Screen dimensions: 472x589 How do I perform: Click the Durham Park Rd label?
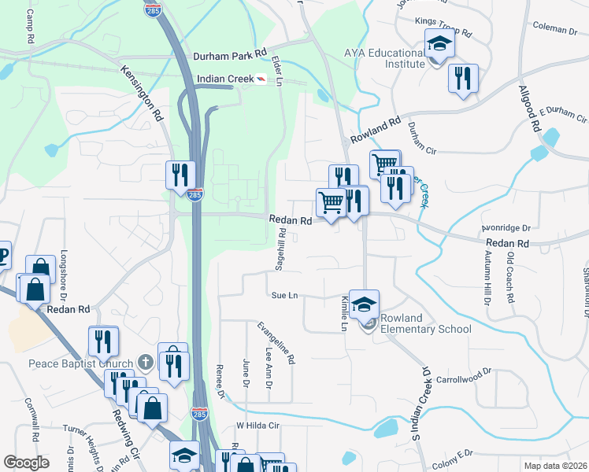[x=231, y=57]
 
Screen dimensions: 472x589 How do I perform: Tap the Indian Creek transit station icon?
[x=261, y=79]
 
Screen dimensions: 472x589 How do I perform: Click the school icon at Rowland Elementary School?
[x=365, y=304]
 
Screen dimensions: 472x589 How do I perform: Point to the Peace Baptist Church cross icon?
[x=145, y=362]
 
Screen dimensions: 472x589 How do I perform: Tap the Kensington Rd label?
[x=142, y=93]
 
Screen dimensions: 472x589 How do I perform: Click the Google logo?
[x=26, y=463]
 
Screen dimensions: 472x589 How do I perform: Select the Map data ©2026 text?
[x=555, y=466]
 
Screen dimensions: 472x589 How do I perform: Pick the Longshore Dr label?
[x=64, y=278]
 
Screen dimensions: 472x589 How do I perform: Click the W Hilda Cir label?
[x=258, y=426]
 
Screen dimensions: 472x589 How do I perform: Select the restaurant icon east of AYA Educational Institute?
[x=462, y=78]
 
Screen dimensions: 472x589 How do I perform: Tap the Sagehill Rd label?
[x=280, y=252]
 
